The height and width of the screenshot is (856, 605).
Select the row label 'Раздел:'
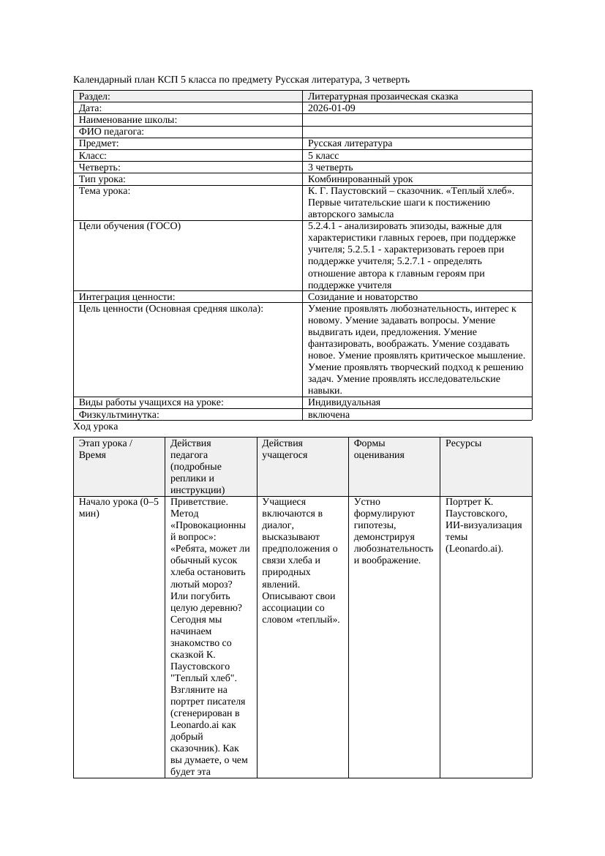94,97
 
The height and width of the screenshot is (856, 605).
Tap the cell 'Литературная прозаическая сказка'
383,97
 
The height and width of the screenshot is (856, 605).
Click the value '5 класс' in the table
323,156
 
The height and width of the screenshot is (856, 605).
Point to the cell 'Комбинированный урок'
360,179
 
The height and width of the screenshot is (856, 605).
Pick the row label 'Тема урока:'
105,191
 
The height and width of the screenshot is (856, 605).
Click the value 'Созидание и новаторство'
363,297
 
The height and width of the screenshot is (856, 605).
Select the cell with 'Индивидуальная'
344,402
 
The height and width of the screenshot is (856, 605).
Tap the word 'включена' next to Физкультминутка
328,415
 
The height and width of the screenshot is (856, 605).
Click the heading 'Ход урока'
96,427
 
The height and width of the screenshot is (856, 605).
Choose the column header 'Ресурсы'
463,443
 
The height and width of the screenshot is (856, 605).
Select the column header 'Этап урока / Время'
105,448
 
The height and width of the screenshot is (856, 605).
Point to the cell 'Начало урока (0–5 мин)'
118,508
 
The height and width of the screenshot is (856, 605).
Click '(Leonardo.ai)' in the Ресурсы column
474,549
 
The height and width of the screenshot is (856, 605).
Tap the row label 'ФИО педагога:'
111,132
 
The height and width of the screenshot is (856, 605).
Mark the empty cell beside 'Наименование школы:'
417,120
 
